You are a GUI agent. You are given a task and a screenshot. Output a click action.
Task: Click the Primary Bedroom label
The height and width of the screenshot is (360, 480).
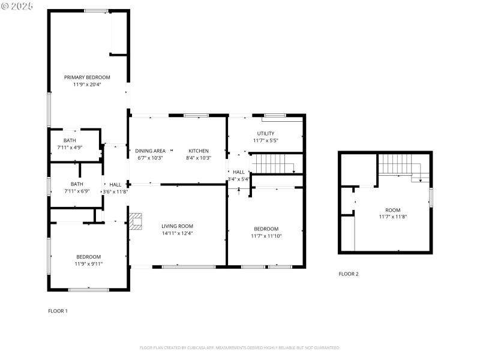point(88,77)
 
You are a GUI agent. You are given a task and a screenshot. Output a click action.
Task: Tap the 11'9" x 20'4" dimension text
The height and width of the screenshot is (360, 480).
point(88,85)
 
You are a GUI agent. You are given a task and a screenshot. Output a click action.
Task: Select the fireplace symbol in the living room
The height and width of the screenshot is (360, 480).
point(137,221)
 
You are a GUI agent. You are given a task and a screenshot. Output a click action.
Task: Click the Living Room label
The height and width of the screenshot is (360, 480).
point(177,226)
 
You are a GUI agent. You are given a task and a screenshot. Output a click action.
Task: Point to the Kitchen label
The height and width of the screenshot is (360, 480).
point(199,151)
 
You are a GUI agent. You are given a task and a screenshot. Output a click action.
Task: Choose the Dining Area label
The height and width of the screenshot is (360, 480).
point(150,151)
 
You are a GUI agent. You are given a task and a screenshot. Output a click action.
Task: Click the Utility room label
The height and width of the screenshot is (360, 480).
point(266,133)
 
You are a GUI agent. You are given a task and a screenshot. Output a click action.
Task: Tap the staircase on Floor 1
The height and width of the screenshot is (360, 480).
point(273,163)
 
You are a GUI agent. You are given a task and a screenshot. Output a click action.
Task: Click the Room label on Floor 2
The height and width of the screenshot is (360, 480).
point(393,210)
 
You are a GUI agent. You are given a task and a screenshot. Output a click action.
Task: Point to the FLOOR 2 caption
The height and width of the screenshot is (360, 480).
point(349,274)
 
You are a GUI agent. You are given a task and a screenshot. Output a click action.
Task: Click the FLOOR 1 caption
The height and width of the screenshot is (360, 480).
point(58,311)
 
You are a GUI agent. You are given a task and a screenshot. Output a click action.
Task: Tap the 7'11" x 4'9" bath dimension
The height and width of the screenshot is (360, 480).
point(70,147)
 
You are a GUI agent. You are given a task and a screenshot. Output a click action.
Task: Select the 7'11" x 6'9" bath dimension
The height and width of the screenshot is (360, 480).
point(77,191)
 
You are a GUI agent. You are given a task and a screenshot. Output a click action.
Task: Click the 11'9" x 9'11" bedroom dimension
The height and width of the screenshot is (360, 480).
point(88,263)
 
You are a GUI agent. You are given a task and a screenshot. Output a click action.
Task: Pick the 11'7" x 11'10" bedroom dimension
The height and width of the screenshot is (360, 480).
point(266,236)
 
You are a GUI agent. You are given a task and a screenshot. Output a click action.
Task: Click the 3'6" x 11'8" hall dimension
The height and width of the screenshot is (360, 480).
point(115,192)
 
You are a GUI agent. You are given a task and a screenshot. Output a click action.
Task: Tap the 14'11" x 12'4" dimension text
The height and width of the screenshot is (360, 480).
point(177,233)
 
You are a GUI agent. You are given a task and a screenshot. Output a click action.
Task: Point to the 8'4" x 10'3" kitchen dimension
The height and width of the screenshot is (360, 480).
point(199,158)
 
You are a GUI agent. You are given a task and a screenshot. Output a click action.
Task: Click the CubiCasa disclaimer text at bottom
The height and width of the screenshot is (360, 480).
point(240,347)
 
